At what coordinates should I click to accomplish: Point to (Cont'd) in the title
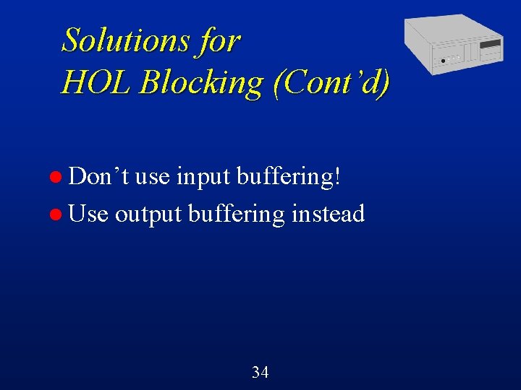click(x=331, y=82)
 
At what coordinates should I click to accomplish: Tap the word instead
click(x=328, y=214)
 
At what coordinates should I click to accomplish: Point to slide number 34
click(x=260, y=373)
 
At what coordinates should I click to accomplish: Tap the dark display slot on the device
click(x=491, y=45)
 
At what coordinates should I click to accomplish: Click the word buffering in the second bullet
click(x=237, y=214)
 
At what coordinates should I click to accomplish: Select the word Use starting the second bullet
click(x=90, y=214)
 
